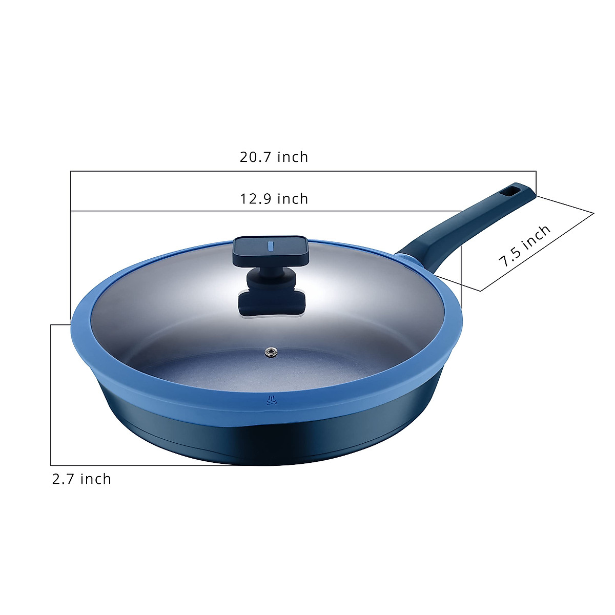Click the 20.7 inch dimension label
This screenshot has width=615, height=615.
click(274, 157)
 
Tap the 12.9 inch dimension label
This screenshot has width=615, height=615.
click(274, 198)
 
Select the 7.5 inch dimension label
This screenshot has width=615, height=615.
click(525, 245)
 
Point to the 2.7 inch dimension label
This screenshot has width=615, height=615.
click(81, 479)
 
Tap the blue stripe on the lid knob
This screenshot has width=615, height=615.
click(271, 245)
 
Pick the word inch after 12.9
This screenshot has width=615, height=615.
click(293, 198)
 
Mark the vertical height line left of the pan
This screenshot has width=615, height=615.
click(51, 395)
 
